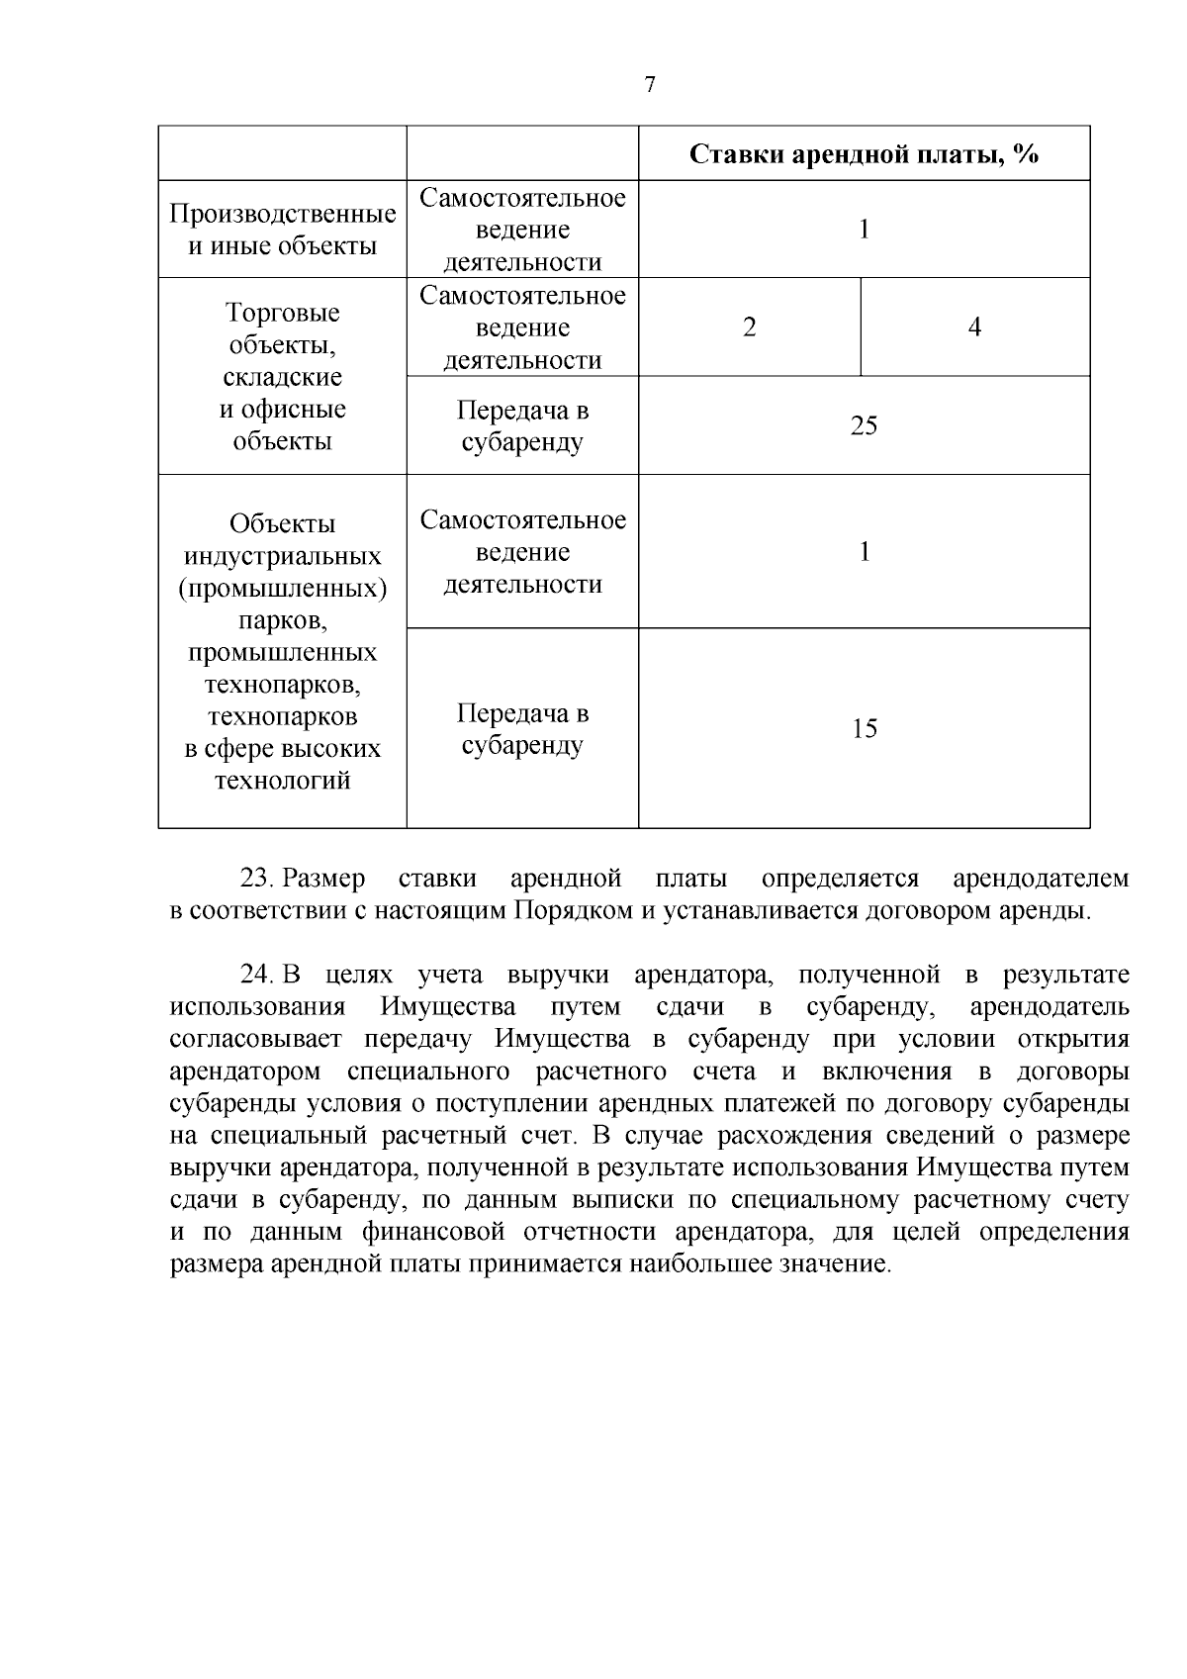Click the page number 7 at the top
click(x=649, y=85)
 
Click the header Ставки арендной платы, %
click(x=864, y=154)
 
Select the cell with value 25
click(x=864, y=425)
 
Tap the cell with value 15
click(x=864, y=729)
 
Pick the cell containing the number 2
click(x=749, y=327)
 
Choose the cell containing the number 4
click(x=974, y=327)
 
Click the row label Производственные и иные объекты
click(x=283, y=230)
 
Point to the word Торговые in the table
click(x=283, y=313)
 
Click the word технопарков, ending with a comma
click(x=283, y=685)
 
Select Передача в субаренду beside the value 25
click(x=522, y=425)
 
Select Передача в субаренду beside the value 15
click(x=522, y=729)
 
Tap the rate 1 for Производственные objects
click(x=864, y=230)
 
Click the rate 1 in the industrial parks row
click(x=864, y=551)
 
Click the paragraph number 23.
click(x=256, y=879)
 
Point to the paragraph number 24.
click(x=256, y=975)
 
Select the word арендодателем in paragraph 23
click(x=1040, y=879)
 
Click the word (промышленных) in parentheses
click(x=283, y=589)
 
